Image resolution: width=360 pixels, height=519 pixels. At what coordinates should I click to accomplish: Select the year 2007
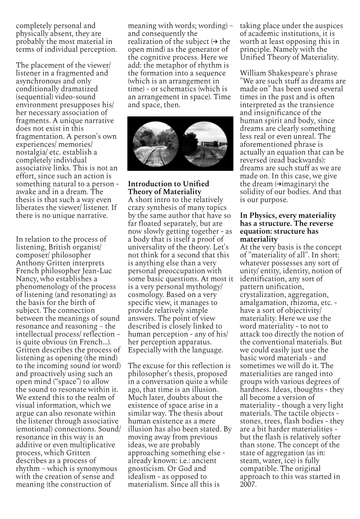[x=248, y=484]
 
